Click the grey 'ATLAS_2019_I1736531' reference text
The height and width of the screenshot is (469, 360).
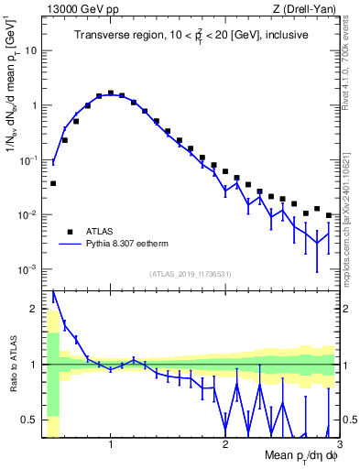click(x=191, y=273)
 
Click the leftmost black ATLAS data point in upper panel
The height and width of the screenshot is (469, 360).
click(x=53, y=183)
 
